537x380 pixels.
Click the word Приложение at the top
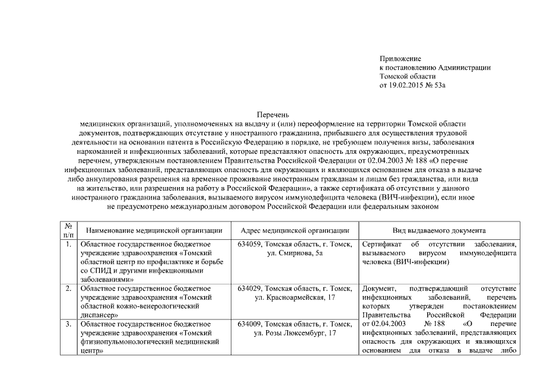(401, 59)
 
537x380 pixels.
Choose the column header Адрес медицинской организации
(295, 231)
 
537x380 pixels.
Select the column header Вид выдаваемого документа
(439, 231)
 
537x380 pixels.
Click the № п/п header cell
(68, 231)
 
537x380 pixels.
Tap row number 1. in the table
(68, 245)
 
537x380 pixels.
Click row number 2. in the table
(68, 289)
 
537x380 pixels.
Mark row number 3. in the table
(68, 325)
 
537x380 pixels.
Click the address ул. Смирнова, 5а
(295, 254)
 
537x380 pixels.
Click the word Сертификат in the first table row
(382, 245)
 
